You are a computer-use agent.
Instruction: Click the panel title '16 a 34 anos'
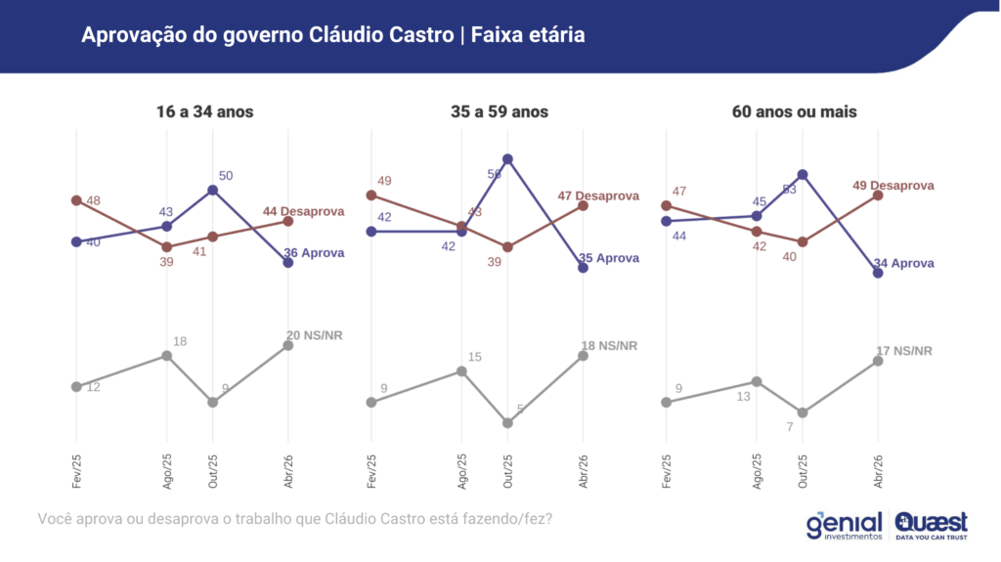(204, 111)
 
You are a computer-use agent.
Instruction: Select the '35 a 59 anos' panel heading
(500, 111)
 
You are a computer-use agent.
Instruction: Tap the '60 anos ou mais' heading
(794, 111)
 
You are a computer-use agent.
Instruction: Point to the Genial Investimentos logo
(845, 525)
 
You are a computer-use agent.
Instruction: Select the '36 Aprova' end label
(314, 253)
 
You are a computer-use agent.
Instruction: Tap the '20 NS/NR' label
(314, 335)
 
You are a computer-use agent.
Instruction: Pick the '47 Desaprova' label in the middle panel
(597, 195)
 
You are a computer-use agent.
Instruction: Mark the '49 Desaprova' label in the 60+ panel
(892, 185)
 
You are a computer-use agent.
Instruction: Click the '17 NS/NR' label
(903, 351)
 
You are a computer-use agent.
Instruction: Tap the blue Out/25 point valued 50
(213, 190)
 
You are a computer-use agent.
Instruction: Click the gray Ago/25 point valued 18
(167, 356)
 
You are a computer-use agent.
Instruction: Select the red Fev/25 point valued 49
(371, 195)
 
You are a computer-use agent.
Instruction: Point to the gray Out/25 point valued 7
(803, 412)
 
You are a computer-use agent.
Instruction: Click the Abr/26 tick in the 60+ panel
(878, 473)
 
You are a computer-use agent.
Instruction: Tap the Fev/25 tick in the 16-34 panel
(76, 473)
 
